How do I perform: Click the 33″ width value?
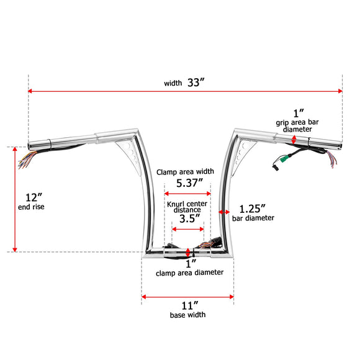(x=194, y=83)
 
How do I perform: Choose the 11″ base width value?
(x=187, y=305)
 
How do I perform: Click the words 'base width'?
(x=187, y=315)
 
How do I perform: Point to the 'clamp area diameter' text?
(x=187, y=272)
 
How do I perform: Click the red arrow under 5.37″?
(x=187, y=194)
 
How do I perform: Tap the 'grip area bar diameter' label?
(x=299, y=125)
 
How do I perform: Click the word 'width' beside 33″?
(x=173, y=83)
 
